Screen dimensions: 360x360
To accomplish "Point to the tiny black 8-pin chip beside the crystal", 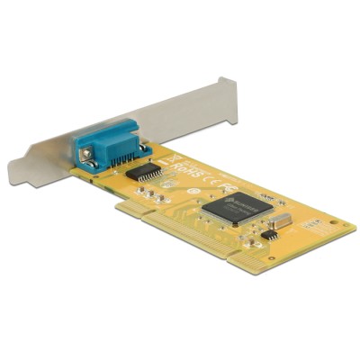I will [x=268, y=233].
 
